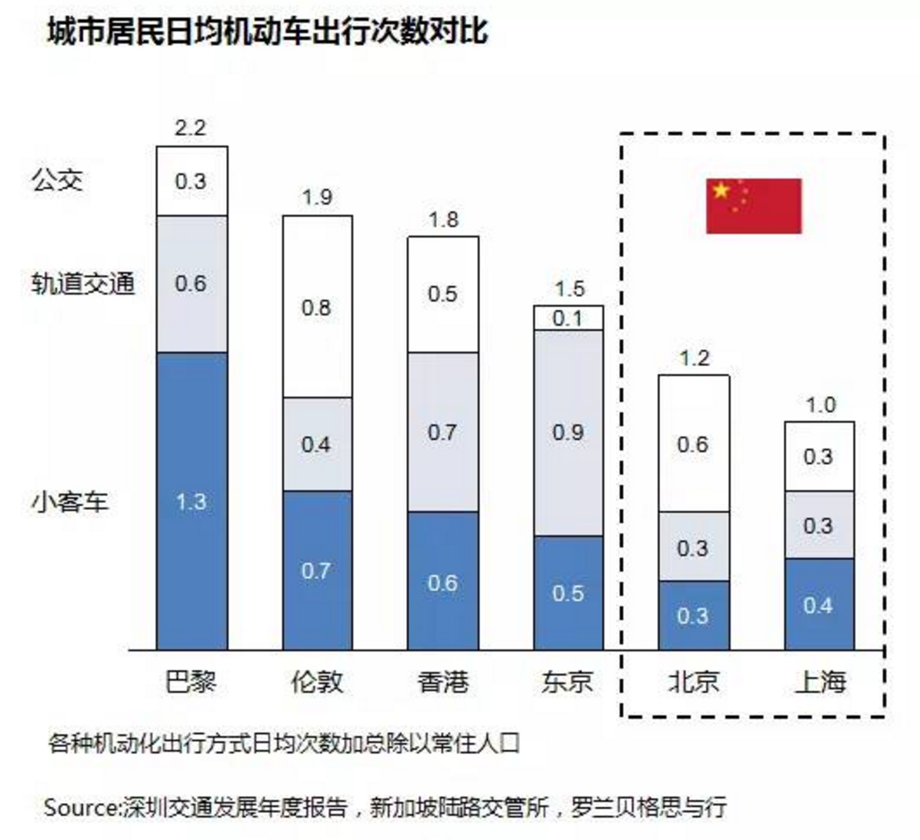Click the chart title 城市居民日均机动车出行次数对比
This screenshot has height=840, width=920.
point(267,33)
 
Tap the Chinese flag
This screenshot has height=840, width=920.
point(753,205)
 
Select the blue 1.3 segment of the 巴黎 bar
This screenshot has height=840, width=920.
point(192,501)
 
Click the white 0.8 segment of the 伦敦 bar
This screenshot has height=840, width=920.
point(317,307)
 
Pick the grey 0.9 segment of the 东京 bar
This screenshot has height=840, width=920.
point(568,432)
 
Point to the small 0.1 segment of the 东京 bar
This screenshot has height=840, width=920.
point(568,318)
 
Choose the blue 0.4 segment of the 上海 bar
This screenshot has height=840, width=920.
point(818,605)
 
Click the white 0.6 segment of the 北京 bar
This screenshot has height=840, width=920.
point(693,444)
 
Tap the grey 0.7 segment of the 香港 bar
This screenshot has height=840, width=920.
point(442,432)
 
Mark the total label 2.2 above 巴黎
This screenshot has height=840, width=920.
point(190,128)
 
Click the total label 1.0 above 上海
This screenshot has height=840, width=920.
point(819,404)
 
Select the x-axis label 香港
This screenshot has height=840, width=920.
point(442,682)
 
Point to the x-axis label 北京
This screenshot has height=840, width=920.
point(693,682)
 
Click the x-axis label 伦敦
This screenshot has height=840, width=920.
point(317,682)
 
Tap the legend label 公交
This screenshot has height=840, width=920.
point(58,181)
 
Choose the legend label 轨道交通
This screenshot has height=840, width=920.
point(83,284)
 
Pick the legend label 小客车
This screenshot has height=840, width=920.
point(71,502)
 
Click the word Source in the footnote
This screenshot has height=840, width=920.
point(80,807)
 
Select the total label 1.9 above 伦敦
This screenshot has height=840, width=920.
point(317,197)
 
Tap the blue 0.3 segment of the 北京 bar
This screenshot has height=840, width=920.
point(693,615)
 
